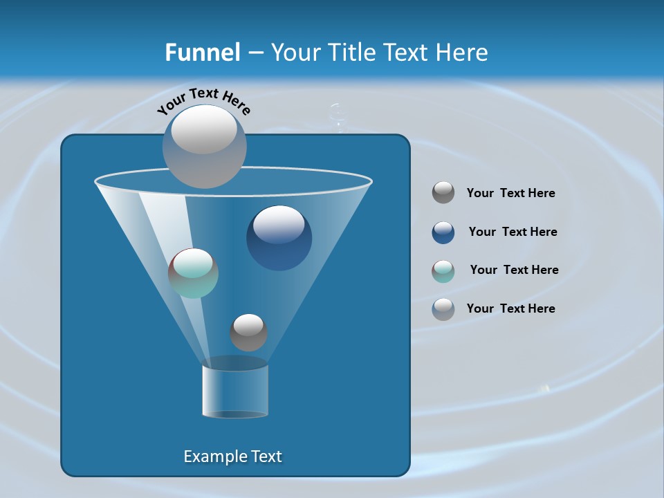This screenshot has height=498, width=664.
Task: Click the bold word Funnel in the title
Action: [x=202, y=53]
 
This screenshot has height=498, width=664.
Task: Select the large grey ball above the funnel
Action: [x=205, y=146]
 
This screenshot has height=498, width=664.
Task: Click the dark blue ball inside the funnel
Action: [x=279, y=237]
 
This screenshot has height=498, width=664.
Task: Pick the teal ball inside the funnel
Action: [x=194, y=273]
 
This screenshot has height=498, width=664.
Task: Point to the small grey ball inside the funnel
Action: [x=248, y=332]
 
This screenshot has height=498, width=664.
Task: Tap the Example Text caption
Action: [x=232, y=456]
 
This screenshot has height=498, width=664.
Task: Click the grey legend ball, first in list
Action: [x=443, y=192]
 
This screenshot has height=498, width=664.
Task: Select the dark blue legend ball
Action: [x=443, y=232]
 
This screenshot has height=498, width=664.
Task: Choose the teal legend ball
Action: [x=443, y=271]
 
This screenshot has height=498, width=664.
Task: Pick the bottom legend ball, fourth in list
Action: [x=443, y=309]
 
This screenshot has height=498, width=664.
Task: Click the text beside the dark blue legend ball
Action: [x=513, y=232]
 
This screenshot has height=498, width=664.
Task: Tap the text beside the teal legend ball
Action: [x=514, y=270]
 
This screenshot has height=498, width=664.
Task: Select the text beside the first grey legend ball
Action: [x=510, y=193]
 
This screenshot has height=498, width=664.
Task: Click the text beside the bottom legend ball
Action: [x=510, y=308]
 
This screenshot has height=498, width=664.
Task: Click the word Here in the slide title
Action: [x=463, y=53]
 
